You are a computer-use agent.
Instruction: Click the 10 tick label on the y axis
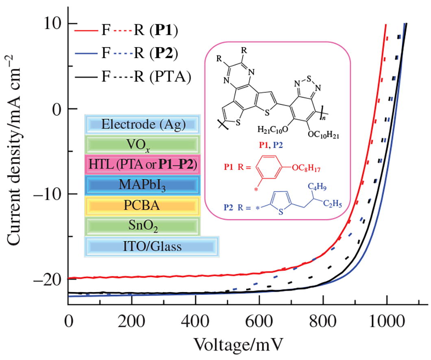52,24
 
